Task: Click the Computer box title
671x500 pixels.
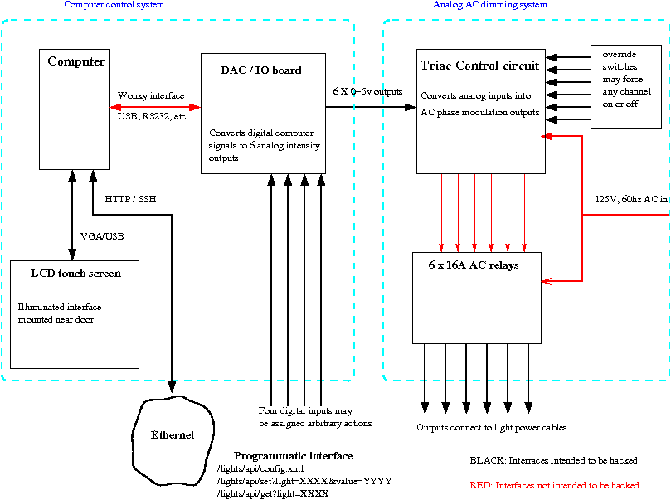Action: click(x=76, y=62)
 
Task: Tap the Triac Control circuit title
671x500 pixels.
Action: click(x=479, y=66)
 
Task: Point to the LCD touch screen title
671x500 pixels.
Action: click(x=75, y=274)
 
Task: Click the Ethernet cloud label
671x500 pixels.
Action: click(x=173, y=435)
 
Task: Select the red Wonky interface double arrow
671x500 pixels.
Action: click(x=155, y=106)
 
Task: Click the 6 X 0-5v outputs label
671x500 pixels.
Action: click(x=366, y=91)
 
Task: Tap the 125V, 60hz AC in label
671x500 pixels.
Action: click(x=631, y=200)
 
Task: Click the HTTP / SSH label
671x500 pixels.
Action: click(x=130, y=199)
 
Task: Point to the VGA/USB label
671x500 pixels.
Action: click(x=102, y=236)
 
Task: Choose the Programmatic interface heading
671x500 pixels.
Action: click(x=293, y=456)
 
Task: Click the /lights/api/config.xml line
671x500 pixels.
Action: click(x=260, y=469)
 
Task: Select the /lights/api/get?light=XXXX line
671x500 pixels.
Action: click(x=273, y=493)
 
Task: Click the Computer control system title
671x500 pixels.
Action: click(x=114, y=5)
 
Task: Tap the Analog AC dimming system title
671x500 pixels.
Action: click(x=490, y=5)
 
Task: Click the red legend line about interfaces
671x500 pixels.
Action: click(x=554, y=485)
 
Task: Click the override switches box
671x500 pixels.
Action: click(x=625, y=86)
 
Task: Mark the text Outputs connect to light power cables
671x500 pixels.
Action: click(x=492, y=428)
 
